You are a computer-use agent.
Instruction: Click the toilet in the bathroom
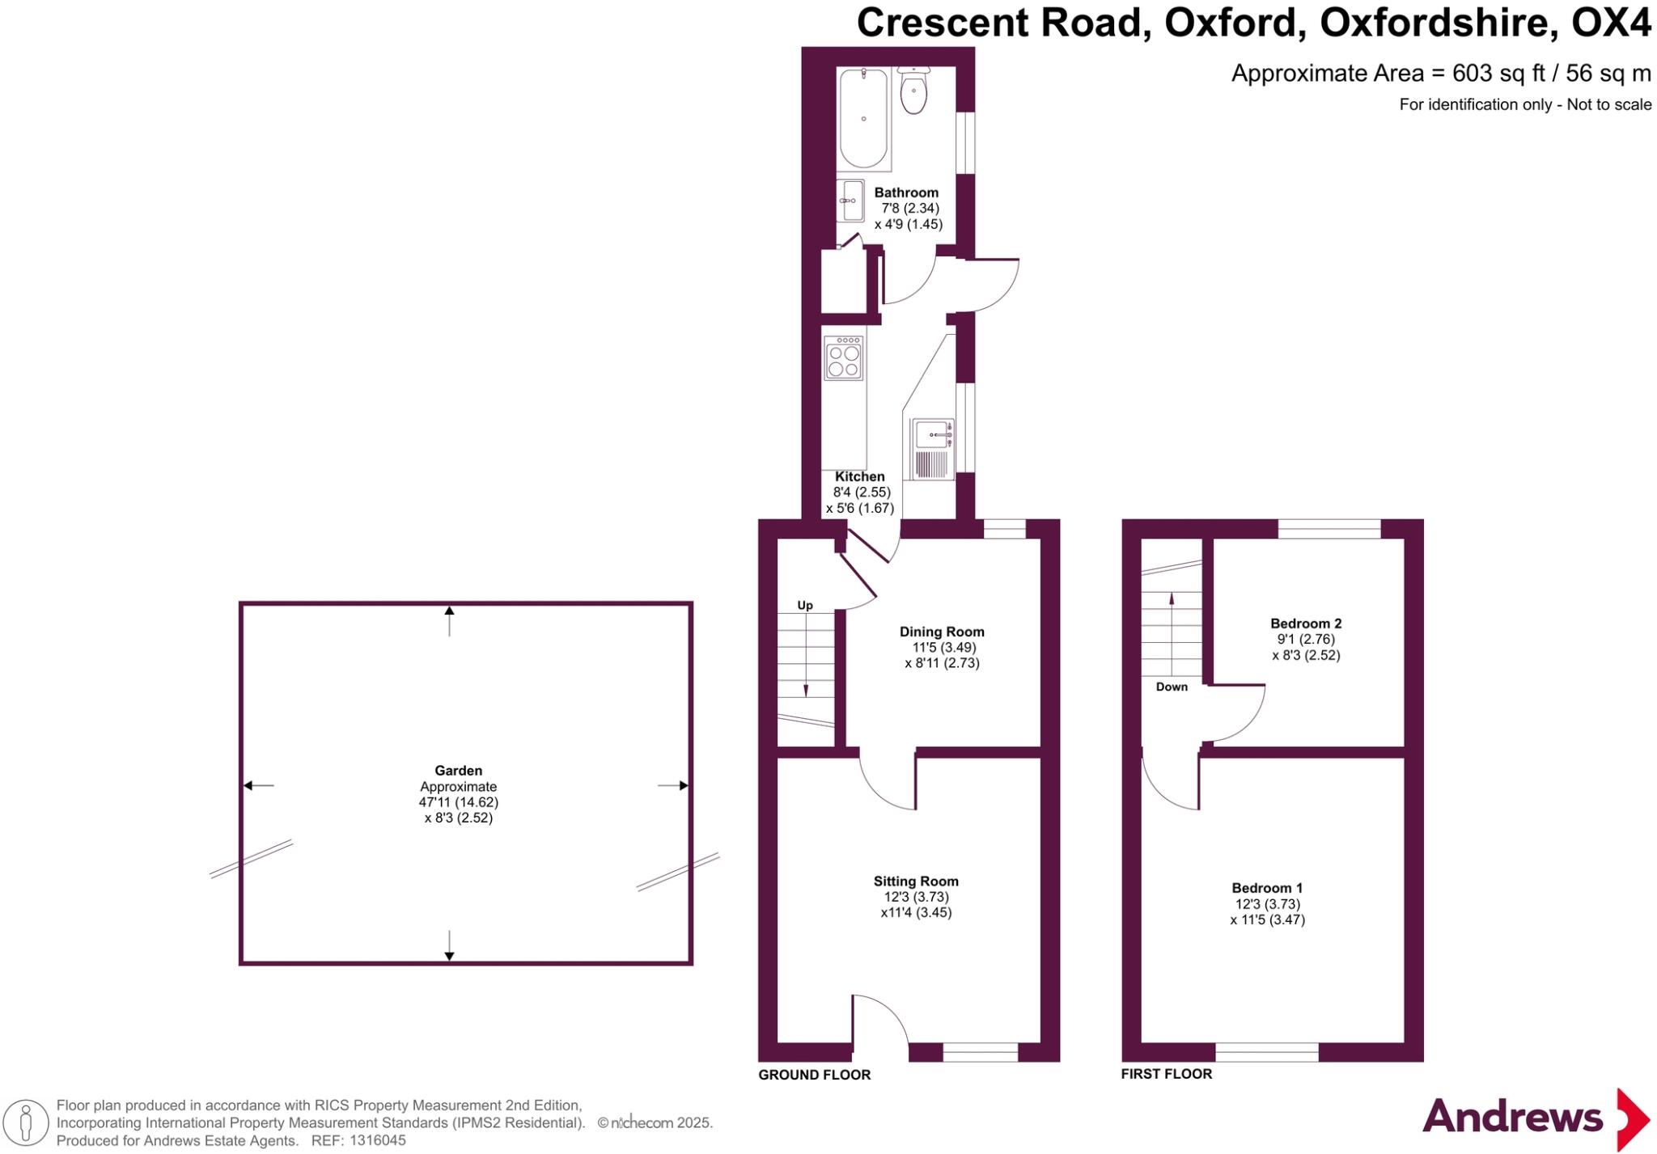[x=913, y=92]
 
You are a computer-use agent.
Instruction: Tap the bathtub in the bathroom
[x=863, y=118]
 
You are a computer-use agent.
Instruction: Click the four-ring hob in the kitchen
[x=843, y=358]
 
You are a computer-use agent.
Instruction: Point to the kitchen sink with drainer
[x=932, y=449]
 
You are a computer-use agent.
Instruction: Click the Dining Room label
[x=942, y=632]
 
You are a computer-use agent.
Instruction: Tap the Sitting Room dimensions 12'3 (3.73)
[x=916, y=897]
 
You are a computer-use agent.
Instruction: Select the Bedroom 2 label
[x=1305, y=623]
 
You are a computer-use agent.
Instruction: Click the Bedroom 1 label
[x=1266, y=888]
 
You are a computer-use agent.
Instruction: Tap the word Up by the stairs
[x=804, y=605]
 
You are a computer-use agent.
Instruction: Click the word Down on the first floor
[x=1171, y=687]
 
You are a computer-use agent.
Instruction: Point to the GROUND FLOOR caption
[x=814, y=1075]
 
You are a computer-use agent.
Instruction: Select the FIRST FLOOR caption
[x=1166, y=1074]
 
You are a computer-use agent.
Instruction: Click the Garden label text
[x=458, y=771]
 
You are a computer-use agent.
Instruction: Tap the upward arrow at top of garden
[x=449, y=620]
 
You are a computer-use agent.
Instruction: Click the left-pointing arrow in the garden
[x=258, y=785]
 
